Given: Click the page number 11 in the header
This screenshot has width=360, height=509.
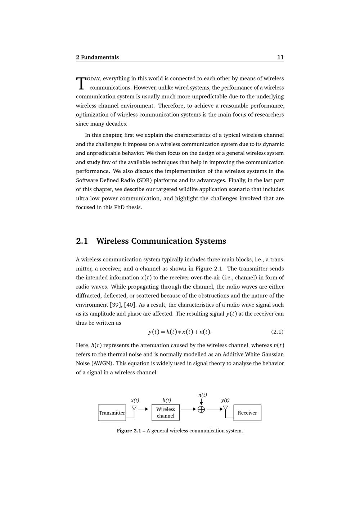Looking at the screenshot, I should coord(280,57).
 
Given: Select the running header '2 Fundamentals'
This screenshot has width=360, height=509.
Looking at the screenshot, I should coord(97,57).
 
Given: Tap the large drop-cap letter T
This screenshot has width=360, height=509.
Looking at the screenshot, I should coord(81,83).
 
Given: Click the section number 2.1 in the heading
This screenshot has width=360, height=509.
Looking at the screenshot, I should coord(82,241).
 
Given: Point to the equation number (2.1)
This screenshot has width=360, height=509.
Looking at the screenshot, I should coord(277,332).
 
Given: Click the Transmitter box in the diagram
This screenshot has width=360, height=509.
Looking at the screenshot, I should coord(112,413).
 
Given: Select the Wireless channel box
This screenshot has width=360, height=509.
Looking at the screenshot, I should coord(166,413).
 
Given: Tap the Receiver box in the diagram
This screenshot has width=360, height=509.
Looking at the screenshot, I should coord(247,413).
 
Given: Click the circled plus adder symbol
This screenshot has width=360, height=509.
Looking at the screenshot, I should coord(201,409).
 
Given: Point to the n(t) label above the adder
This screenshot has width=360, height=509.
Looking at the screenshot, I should coord(203,395).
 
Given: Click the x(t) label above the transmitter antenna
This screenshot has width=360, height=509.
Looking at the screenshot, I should coord(135,400).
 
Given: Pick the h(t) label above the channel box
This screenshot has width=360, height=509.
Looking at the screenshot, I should coord(167,400).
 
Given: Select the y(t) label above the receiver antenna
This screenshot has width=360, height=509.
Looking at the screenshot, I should coord(225,400).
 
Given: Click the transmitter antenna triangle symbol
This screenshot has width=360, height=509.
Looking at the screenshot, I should coord(134,408).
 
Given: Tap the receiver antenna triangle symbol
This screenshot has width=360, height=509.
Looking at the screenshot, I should coord(226,408).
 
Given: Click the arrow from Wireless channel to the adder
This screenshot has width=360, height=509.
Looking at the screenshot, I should coord(188,409).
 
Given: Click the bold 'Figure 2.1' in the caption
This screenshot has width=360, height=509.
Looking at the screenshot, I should coord(129,431).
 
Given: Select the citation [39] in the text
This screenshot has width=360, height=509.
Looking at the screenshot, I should coord(115,305).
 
